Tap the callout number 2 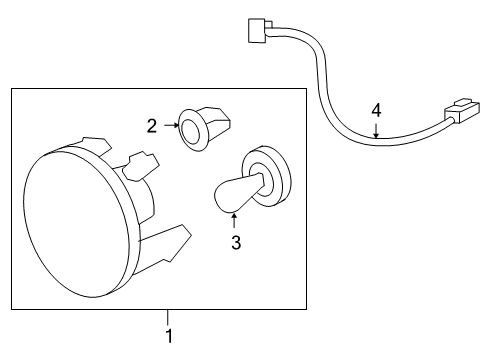152,126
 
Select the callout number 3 236,241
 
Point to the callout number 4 376,109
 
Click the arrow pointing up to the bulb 236,219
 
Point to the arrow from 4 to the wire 376,126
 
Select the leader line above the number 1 168,318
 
